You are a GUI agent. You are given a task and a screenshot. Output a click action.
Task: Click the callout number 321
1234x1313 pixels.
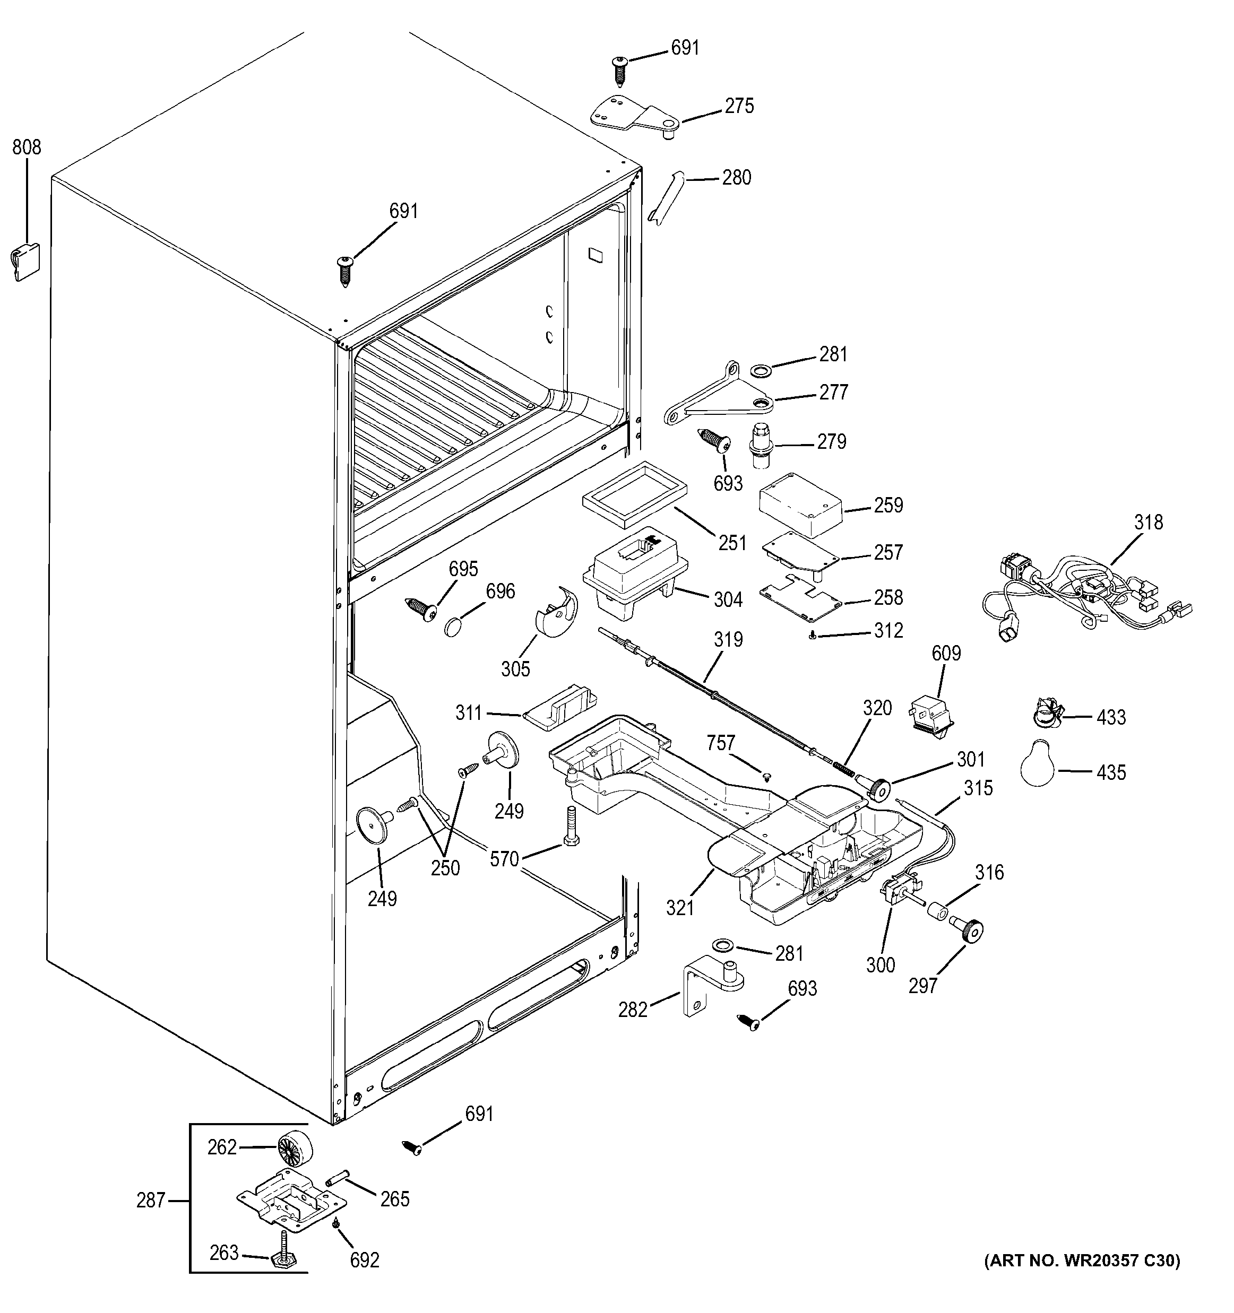(x=680, y=908)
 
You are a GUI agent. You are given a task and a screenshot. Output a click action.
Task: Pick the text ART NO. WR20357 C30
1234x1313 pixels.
(x=1081, y=1280)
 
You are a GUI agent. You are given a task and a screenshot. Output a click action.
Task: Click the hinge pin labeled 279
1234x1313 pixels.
(x=760, y=447)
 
